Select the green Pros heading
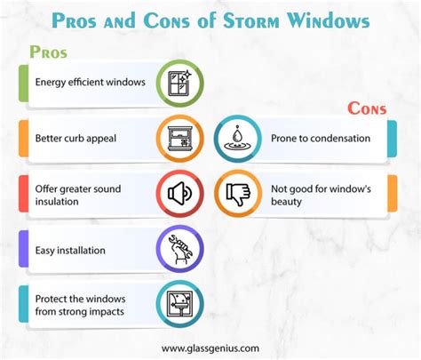48,52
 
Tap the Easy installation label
71,251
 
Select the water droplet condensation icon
237,138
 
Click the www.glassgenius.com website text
211,348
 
